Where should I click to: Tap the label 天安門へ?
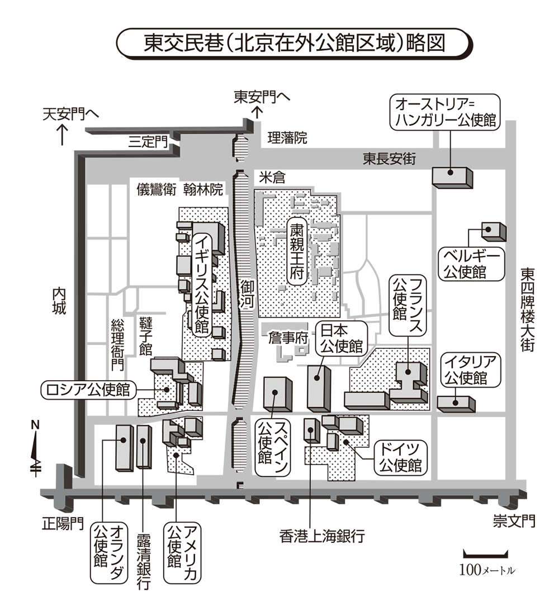tap(70, 113)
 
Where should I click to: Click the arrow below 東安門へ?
tap(257, 112)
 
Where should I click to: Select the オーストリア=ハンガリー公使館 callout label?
tap(445, 112)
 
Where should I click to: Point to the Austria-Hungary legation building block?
tap(452, 177)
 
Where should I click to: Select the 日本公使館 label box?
tap(340, 338)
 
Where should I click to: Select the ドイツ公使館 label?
tap(400, 457)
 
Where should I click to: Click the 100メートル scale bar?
tap(485, 555)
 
